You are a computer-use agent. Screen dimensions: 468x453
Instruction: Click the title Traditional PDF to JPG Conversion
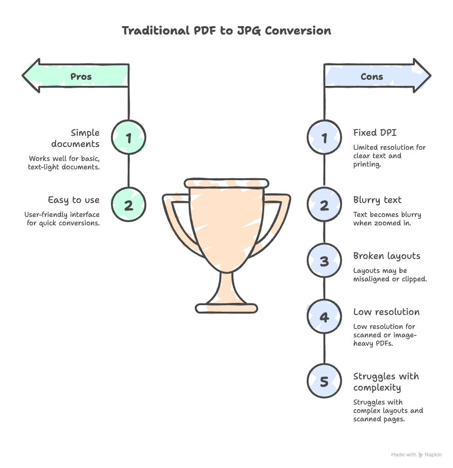(x=226, y=31)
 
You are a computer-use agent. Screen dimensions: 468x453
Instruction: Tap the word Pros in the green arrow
(x=81, y=77)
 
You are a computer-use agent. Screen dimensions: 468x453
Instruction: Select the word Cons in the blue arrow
(x=371, y=77)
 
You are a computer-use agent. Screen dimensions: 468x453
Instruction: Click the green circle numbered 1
(x=129, y=138)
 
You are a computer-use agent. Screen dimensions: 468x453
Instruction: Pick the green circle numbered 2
(x=129, y=205)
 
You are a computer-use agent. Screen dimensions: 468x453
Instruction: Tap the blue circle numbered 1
(x=324, y=138)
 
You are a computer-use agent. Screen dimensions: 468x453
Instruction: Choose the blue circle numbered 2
(x=324, y=205)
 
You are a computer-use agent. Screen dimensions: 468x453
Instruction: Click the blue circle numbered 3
(x=324, y=261)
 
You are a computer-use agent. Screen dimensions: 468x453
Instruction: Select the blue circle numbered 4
(x=324, y=317)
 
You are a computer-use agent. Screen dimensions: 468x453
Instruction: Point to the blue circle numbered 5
(x=324, y=382)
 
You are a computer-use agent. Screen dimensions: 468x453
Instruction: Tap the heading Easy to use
(x=74, y=200)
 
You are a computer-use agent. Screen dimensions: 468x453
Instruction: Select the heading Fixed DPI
(x=374, y=133)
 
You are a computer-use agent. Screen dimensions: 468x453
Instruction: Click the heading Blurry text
(x=377, y=200)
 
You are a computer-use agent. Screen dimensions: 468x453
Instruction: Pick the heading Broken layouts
(x=387, y=256)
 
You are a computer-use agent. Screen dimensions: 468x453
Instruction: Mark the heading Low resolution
(x=386, y=312)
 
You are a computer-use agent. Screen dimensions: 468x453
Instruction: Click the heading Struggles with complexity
(x=386, y=382)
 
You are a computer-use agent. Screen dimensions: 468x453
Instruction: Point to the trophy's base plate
(x=226, y=308)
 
